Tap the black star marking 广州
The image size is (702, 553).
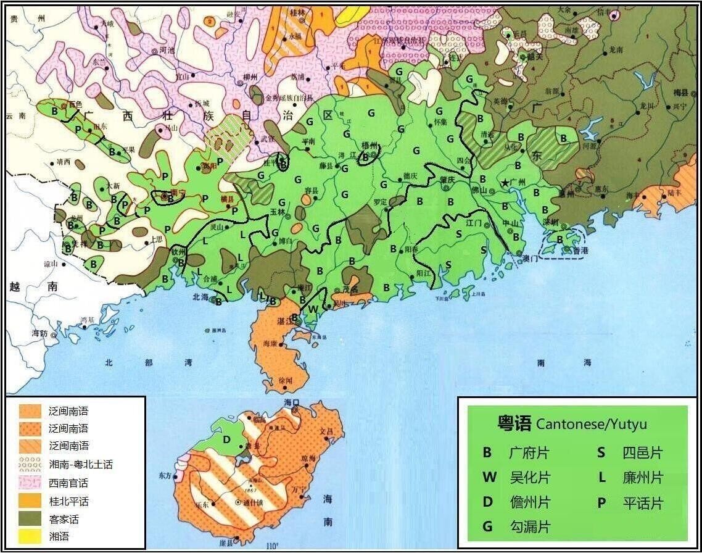[x=505, y=183]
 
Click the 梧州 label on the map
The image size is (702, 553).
[x=370, y=146]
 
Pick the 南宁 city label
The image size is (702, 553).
[x=178, y=193]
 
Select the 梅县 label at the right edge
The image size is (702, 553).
[x=680, y=92]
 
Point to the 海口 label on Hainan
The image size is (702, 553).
[x=291, y=402]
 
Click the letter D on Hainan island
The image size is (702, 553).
[x=226, y=439]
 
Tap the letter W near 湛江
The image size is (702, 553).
[x=313, y=309]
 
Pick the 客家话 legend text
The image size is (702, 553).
[x=64, y=519]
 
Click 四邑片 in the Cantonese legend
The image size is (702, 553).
[x=642, y=453]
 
